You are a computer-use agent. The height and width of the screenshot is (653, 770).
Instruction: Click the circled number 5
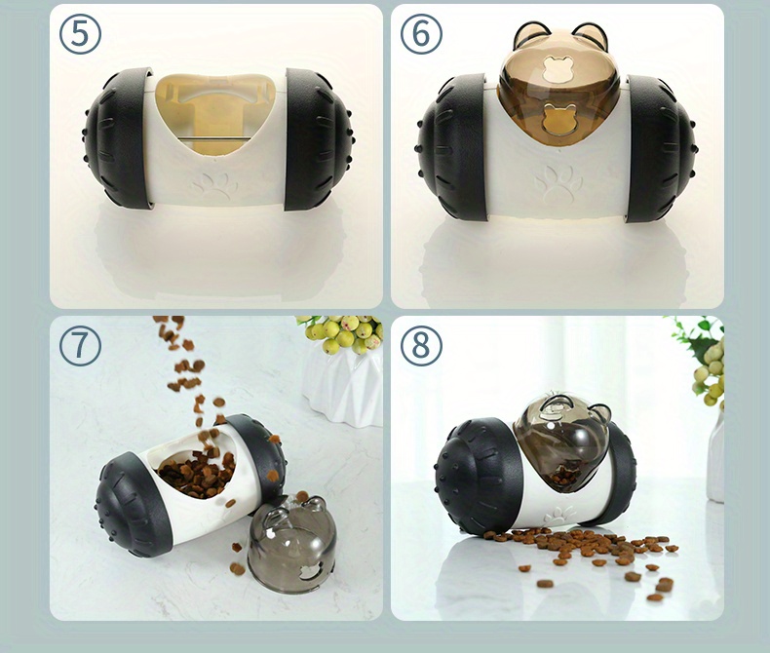pyautogui.click(x=80, y=34)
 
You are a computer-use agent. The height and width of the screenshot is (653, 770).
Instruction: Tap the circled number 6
pyautogui.click(x=421, y=34)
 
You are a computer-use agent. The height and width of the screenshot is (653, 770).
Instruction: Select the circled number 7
pyautogui.click(x=80, y=346)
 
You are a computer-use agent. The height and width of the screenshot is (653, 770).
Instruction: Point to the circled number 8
pyautogui.click(x=421, y=346)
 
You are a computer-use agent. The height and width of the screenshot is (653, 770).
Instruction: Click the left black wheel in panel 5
pyautogui.click(x=117, y=138)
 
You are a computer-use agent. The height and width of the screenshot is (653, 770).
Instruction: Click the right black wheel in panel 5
pyautogui.click(x=319, y=138)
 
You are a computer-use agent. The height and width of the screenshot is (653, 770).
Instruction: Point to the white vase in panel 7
pyautogui.click(x=341, y=385)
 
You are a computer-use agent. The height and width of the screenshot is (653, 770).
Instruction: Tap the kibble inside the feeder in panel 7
pyautogui.click(x=197, y=474)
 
